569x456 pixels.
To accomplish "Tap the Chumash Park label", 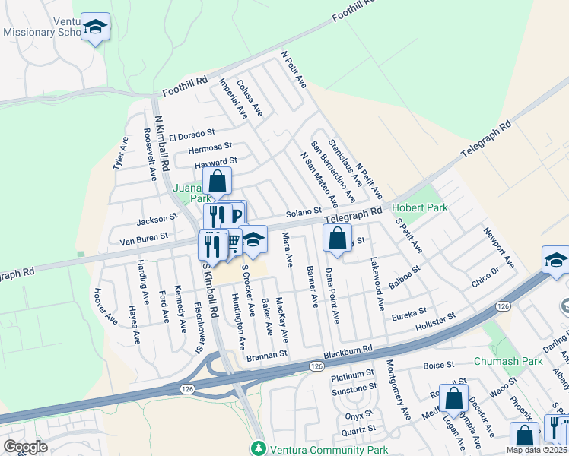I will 510,361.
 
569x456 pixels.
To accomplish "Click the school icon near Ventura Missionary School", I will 95,27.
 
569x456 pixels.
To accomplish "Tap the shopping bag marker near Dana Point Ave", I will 338,238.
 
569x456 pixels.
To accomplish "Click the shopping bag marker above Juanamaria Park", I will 217,182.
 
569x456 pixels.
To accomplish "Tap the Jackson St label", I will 156,220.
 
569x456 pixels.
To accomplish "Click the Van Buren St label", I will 147,240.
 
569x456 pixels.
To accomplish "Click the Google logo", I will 26,447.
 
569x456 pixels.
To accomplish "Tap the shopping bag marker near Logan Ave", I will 454,397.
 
